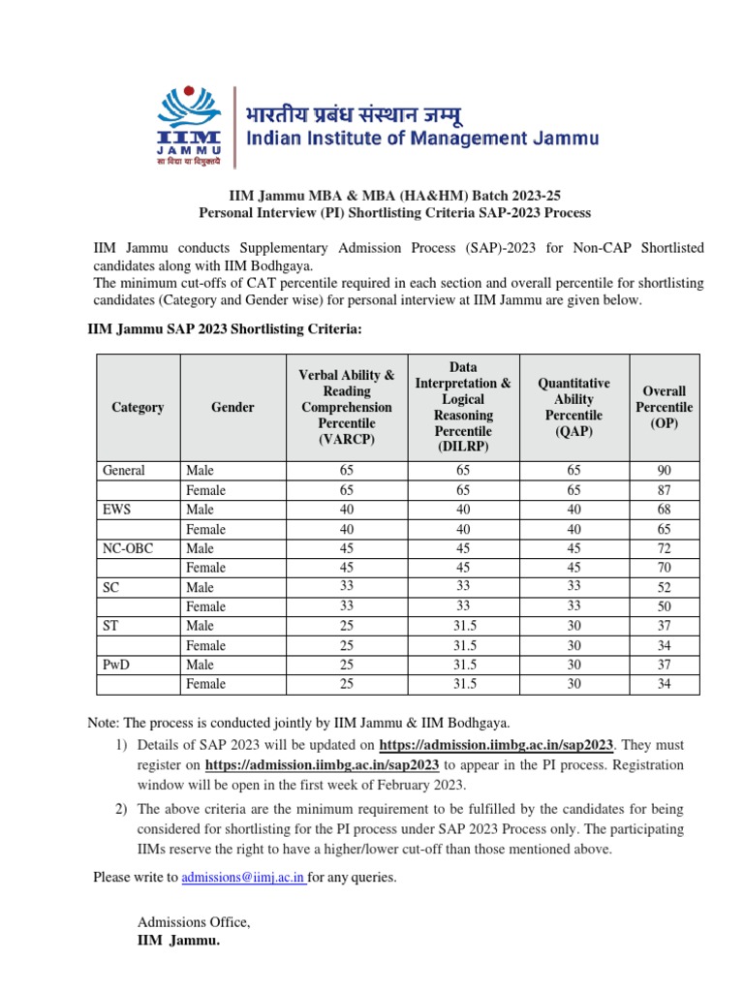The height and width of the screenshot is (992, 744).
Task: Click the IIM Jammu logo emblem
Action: click(192, 123)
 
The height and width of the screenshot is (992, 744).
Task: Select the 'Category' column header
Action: click(138, 407)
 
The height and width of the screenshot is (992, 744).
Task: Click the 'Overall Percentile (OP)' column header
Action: click(664, 407)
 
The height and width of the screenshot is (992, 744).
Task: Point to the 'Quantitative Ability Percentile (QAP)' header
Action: click(573, 407)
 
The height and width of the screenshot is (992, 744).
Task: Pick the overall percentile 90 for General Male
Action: click(664, 471)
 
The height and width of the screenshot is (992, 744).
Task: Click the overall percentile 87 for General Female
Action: click(664, 490)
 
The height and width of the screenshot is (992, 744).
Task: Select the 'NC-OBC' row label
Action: click(128, 548)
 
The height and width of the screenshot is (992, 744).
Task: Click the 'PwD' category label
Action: click(118, 665)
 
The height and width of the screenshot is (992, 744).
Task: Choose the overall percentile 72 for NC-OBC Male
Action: click(664, 548)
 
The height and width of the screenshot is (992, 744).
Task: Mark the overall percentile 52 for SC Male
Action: click(664, 587)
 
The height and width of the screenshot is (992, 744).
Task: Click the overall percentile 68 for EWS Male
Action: click(664, 510)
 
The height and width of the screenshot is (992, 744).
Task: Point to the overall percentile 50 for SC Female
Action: click(664, 606)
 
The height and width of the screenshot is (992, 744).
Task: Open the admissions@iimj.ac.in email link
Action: click(243, 878)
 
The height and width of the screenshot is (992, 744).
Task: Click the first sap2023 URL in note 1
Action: click(497, 745)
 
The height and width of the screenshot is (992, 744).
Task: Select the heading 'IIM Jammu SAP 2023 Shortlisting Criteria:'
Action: click(225, 330)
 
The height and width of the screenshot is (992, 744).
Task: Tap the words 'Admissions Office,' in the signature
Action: click(194, 922)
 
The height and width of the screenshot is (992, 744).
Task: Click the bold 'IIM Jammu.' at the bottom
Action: click(179, 940)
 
